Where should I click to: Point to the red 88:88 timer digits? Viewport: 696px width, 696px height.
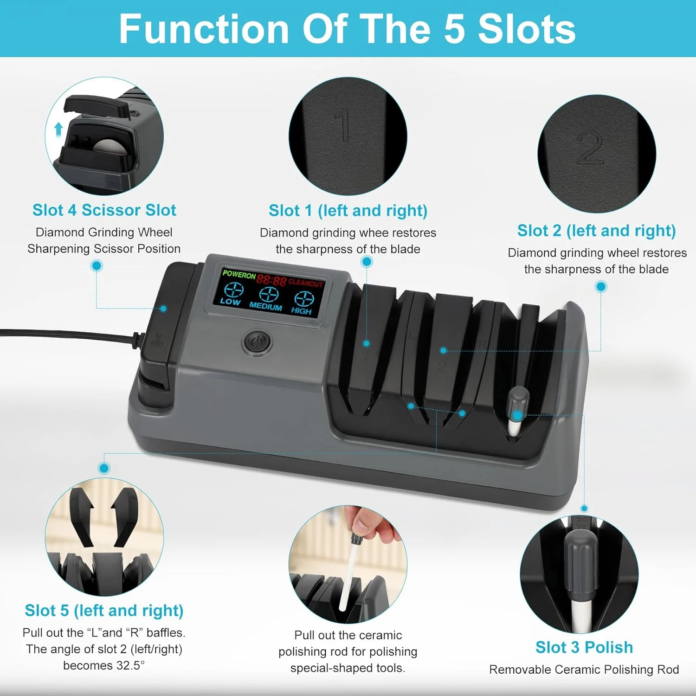(x=271, y=280)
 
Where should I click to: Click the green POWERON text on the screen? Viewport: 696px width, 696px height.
(x=239, y=274)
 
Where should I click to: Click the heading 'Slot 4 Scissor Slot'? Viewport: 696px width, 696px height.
(x=104, y=210)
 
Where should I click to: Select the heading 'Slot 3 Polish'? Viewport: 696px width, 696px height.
(x=584, y=647)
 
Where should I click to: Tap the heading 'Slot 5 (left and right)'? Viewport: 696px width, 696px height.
(x=104, y=611)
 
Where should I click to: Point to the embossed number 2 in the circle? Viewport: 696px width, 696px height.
(x=590, y=149)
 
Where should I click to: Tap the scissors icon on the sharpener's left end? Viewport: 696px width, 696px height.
(x=157, y=341)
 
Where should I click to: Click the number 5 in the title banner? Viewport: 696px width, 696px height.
(x=454, y=29)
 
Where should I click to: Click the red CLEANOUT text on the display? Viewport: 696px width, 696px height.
(x=305, y=283)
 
